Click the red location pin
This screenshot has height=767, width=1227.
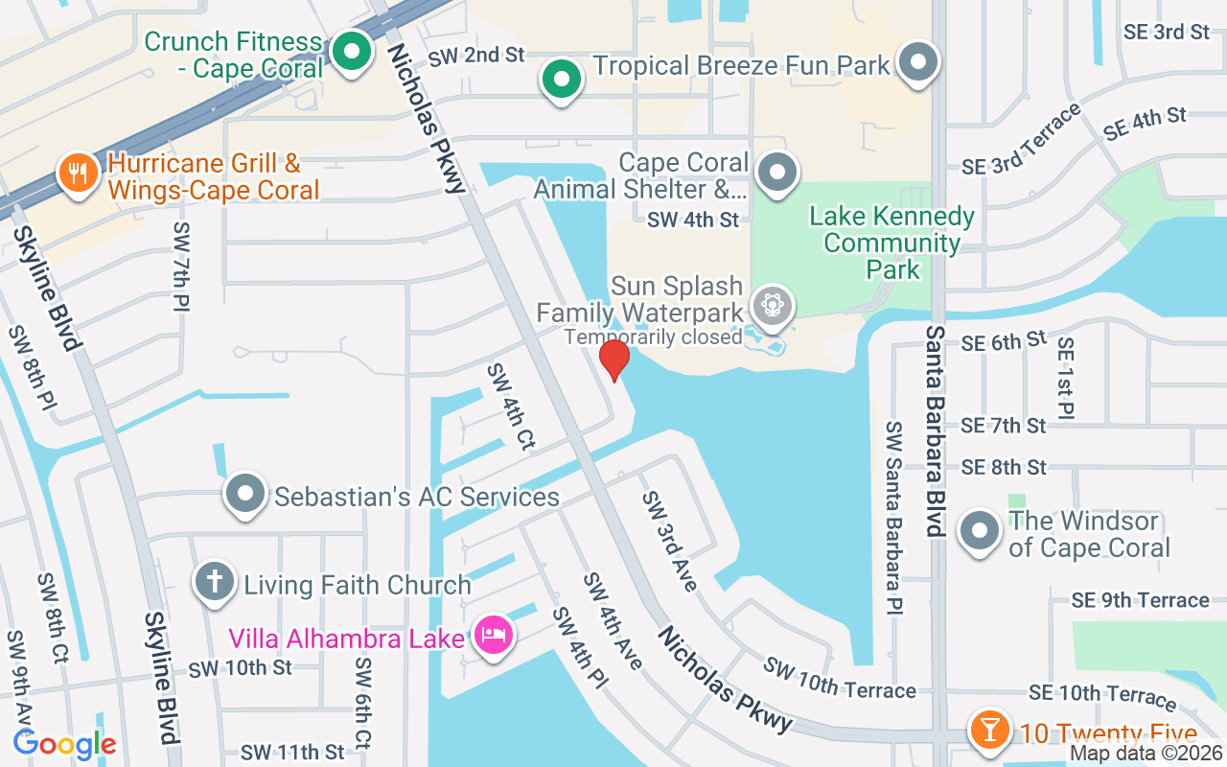pyautogui.click(x=613, y=360)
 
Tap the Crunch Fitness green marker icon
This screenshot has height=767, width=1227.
pyautogui.click(x=353, y=52)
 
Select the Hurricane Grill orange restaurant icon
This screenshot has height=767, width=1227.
pyautogui.click(x=74, y=173)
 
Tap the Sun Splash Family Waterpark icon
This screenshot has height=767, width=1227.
pyautogui.click(x=771, y=306)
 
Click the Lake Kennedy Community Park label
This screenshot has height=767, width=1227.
pyautogui.click(x=891, y=243)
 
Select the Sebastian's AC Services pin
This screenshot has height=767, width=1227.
pyautogui.click(x=244, y=496)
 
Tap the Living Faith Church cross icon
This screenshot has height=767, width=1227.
pyautogui.click(x=216, y=581)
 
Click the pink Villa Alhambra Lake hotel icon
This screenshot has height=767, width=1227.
pyautogui.click(x=494, y=635)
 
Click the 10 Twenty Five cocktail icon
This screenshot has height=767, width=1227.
pyautogui.click(x=988, y=730)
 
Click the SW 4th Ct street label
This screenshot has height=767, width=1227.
pyautogui.click(x=510, y=406)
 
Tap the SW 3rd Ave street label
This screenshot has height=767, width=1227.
pyautogui.click(x=669, y=542)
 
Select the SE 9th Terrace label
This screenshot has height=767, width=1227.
pyautogui.click(x=1140, y=600)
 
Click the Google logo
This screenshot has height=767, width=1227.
pyautogui.click(x=64, y=743)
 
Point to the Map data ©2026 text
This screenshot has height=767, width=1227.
pyautogui.click(x=1145, y=754)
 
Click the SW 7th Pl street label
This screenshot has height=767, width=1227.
pyautogui.click(x=181, y=267)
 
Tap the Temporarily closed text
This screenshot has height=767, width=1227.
pyautogui.click(x=653, y=337)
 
